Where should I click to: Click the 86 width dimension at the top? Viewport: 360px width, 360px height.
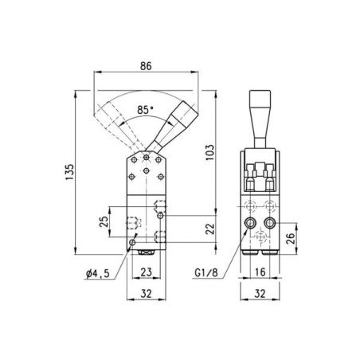pyautogui.click(x=146, y=66)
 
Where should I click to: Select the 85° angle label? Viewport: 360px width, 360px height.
pyautogui.click(x=145, y=110)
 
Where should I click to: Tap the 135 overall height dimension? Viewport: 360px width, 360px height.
pyautogui.click(x=69, y=172)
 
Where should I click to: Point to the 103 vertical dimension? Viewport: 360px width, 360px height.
pyautogui.click(x=209, y=152)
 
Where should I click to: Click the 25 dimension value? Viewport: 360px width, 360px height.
pyautogui.click(x=104, y=221)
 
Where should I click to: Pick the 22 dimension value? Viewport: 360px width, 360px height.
pyautogui.click(x=210, y=229)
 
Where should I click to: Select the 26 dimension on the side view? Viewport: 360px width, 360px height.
pyautogui.click(x=291, y=238)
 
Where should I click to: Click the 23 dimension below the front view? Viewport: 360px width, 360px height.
pyautogui.click(x=147, y=272)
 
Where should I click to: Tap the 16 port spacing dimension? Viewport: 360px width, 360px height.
pyautogui.click(x=260, y=272)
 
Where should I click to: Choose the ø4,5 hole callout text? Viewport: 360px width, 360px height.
pyautogui.click(x=98, y=273)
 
